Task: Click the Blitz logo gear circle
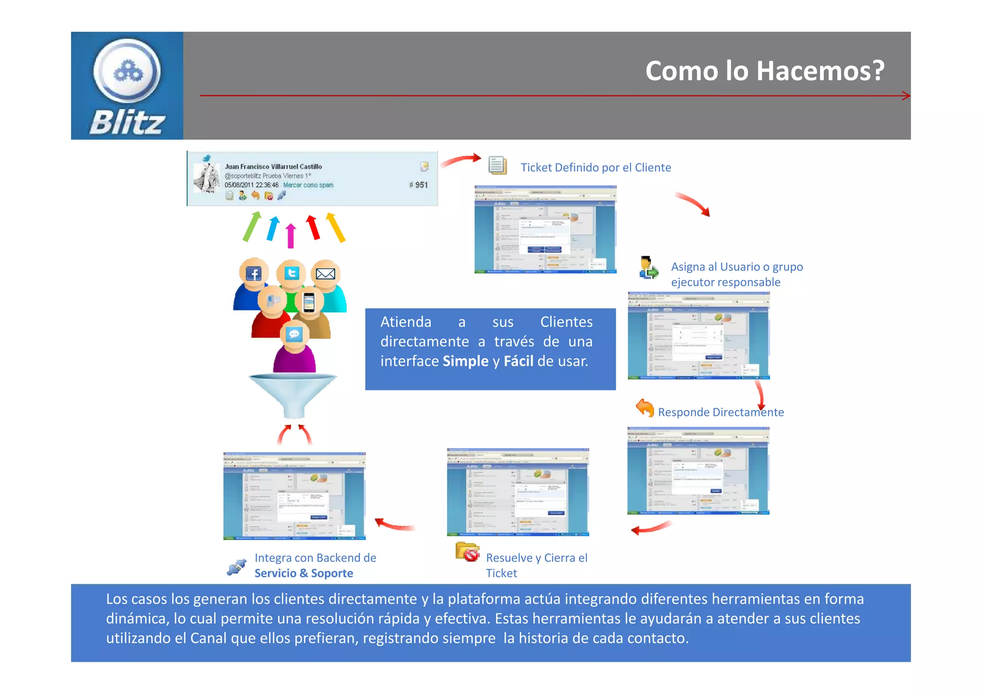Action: tap(127, 71)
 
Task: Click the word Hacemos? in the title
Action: tap(820, 71)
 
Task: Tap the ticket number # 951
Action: tap(418, 185)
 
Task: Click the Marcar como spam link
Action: tap(308, 185)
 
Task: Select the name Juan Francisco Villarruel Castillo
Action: tap(273, 166)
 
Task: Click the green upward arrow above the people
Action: tap(252, 226)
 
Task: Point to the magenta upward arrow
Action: tap(291, 235)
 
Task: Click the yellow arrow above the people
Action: tap(336, 227)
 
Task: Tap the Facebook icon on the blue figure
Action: tap(253, 274)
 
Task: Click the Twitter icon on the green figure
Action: tap(292, 273)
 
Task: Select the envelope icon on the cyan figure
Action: tap(326, 273)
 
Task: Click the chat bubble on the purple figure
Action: tap(294, 334)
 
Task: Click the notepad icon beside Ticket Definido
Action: tap(497, 165)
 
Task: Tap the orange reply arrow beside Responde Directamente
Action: tap(645, 408)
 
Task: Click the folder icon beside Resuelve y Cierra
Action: tap(468, 552)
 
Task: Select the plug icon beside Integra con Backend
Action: tap(237, 567)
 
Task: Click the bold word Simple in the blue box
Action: tap(465, 361)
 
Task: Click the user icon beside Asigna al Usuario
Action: tap(649, 268)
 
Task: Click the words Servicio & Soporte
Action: tap(304, 573)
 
